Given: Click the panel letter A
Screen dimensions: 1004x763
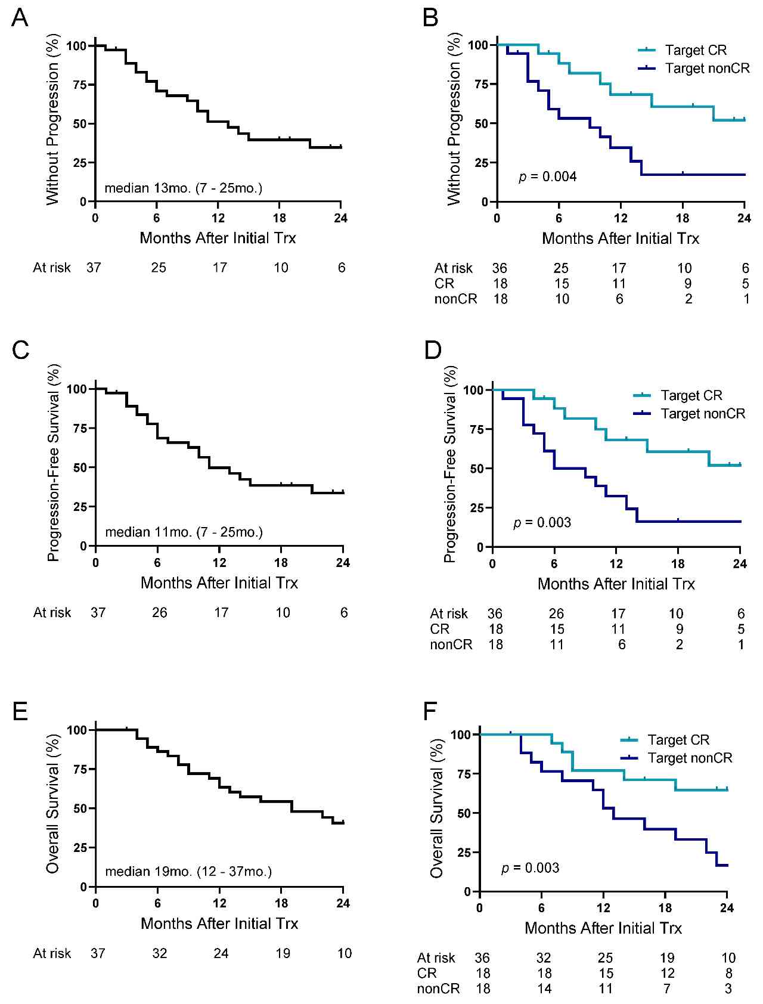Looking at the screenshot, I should tap(20, 18).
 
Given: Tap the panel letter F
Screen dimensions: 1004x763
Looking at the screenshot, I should tap(430, 711).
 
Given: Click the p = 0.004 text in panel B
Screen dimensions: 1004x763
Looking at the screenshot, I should tap(548, 176).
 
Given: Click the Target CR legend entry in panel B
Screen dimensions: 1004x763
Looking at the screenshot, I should tap(696, 50).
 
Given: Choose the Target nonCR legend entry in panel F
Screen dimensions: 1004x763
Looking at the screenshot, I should tap(690, 758).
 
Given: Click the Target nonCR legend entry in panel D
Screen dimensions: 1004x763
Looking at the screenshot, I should tap(703, 414).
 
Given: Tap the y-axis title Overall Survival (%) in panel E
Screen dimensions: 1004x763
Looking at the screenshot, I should tap(52, 804).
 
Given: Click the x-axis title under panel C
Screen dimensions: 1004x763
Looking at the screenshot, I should tap(219, 583).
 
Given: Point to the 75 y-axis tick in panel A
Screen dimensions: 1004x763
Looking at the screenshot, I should tap(80, 85).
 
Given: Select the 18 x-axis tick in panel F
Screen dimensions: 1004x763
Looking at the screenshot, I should tap(665, 908).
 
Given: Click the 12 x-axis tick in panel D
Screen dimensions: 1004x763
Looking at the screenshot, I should tap(616, 563).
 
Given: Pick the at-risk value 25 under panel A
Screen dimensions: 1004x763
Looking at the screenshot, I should tap(159, 268).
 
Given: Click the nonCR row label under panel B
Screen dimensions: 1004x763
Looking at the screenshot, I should tap(455, 299).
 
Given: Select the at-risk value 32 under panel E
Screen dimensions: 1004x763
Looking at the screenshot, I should tap(160, 953).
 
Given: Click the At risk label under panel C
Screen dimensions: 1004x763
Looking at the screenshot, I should tap(52, 613).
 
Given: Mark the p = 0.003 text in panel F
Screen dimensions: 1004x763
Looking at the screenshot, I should tap(531, 868).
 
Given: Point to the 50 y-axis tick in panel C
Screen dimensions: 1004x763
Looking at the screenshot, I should tap(80, 467).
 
